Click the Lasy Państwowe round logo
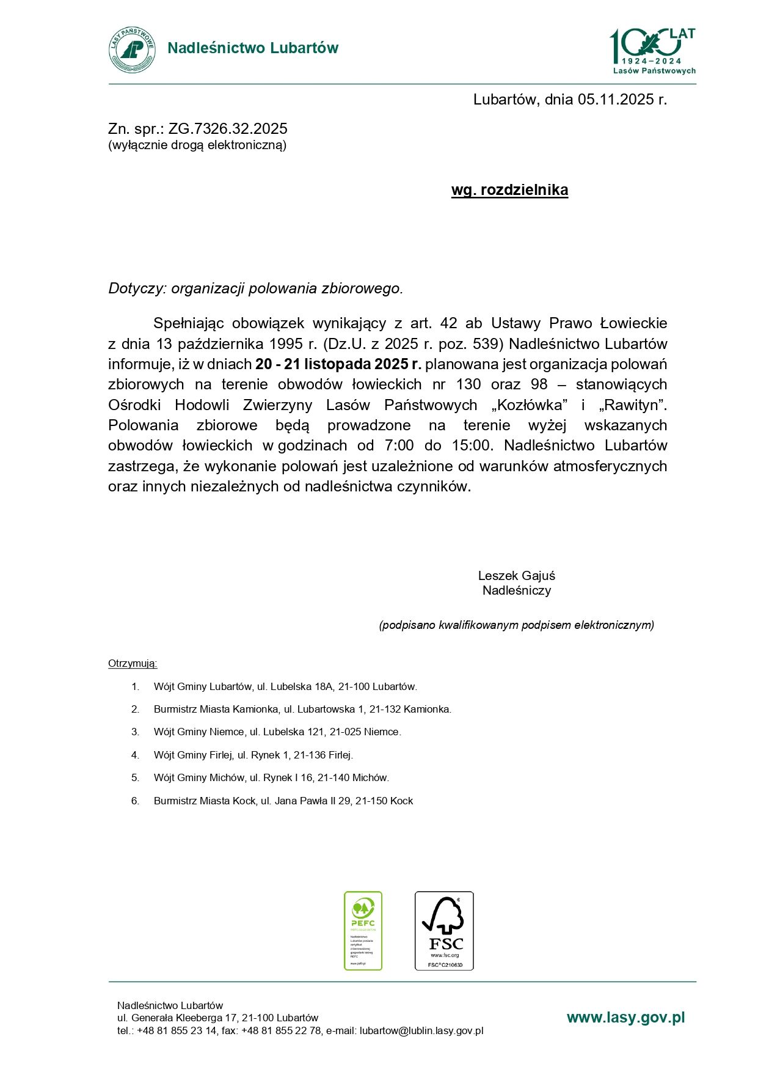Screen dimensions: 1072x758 tap(132, 50)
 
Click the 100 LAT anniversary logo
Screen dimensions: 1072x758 tap(652, 51)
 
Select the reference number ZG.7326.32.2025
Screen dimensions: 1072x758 tap(228, 129)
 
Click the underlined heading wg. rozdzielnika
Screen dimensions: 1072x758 tap(509, 190)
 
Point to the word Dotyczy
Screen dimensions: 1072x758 tap(137, 288)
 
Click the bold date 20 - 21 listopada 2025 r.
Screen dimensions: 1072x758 tap(338, 364)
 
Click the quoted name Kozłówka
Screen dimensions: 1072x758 tap(530, 405)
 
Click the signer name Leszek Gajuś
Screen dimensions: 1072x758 tap(516, 576)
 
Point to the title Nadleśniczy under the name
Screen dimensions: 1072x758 tap(517, 591)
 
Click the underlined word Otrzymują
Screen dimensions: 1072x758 tap(133, 664)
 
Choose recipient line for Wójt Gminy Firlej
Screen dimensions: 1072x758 tap(253, 755)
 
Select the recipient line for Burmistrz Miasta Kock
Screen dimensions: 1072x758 tap(283, 801)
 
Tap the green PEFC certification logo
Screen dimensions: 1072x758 tap(363, 930)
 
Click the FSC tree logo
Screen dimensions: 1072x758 tap(444, 930)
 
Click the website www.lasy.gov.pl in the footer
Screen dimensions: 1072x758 tap(625, 1018)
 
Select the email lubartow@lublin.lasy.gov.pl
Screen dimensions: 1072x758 tap(421, 1031)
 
